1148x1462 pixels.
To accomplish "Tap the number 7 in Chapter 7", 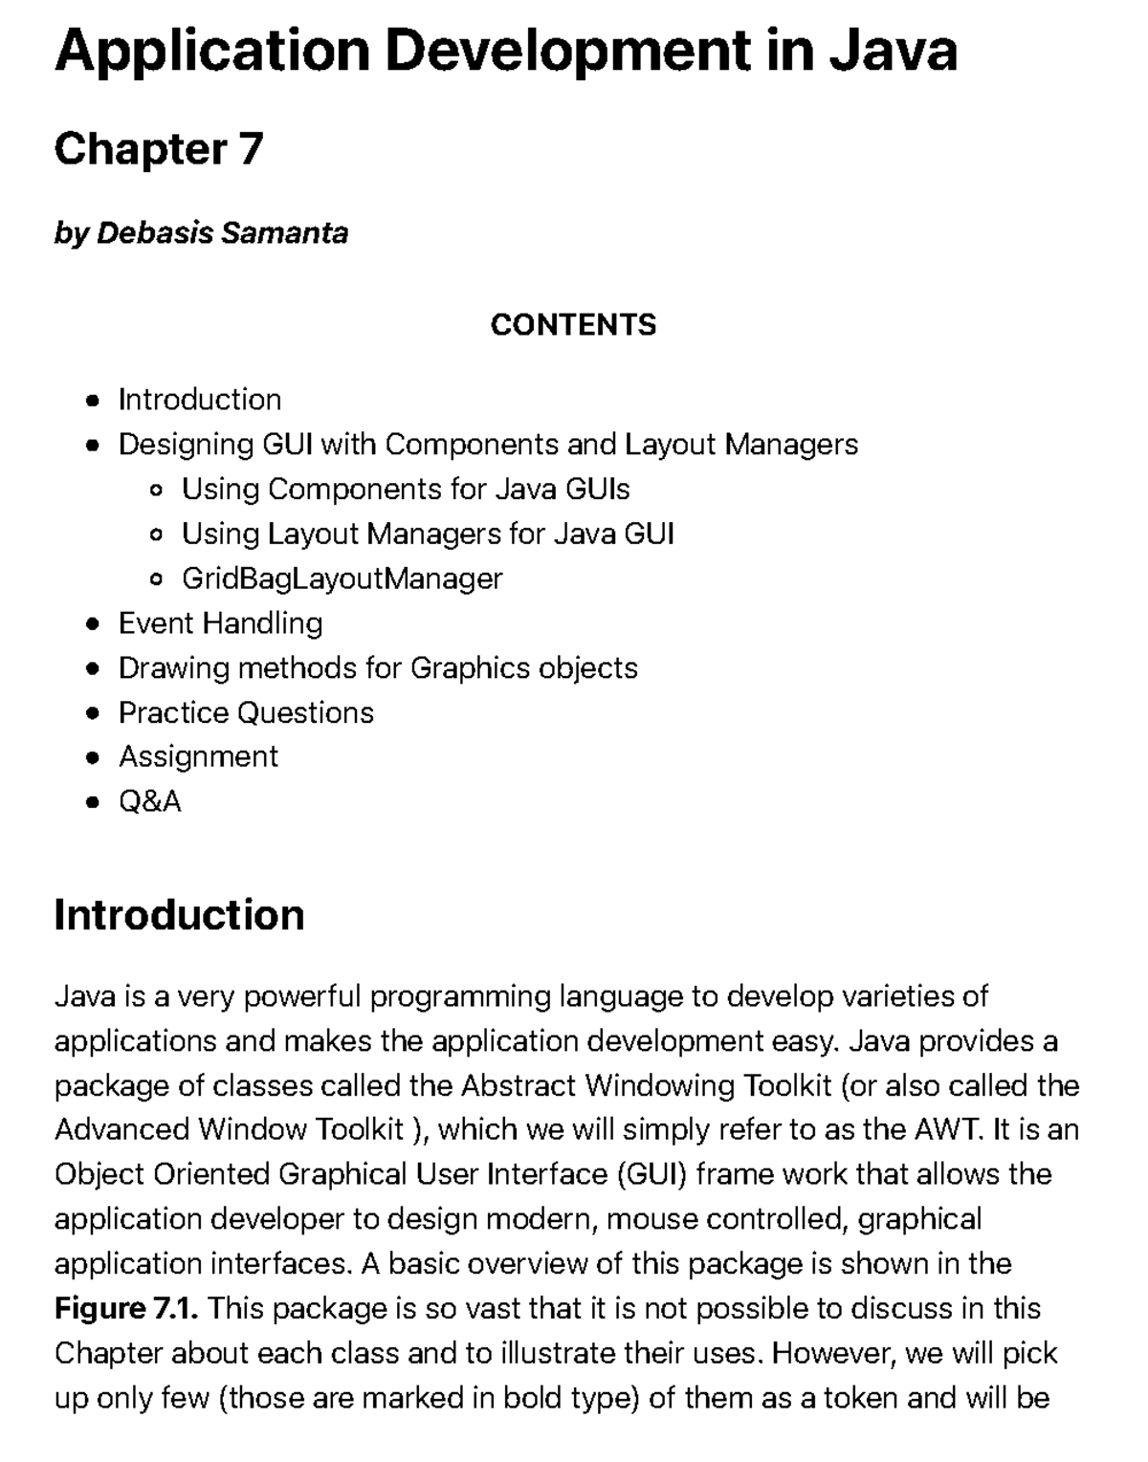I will [251, 149].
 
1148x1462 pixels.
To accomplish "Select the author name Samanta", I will [284, 232].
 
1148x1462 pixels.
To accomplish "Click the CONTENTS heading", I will [573, 325].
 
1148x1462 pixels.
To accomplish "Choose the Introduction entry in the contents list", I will [199, 400].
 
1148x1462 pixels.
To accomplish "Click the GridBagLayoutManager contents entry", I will [342, 578].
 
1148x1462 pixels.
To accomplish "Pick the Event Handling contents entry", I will [220, 623].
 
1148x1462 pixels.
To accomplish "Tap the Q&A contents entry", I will [149, 801].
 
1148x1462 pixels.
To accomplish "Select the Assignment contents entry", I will [198, 756].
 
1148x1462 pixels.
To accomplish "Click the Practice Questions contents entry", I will [246, 712].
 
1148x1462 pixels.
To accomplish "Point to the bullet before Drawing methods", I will [92, 669].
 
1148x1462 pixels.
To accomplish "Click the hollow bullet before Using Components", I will [157, 491].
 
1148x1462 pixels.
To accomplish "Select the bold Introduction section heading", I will [179, 915].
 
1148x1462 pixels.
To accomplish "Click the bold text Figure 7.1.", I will [126, 1308].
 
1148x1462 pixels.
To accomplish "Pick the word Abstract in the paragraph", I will [518, 1085].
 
